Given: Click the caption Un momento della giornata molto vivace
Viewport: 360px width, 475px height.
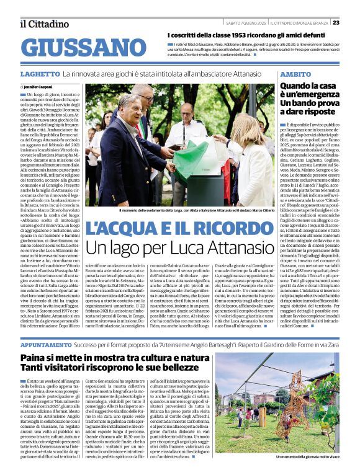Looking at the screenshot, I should click(306, 456).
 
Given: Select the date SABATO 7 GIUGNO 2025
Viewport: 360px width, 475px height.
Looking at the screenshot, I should click(245, 22).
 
